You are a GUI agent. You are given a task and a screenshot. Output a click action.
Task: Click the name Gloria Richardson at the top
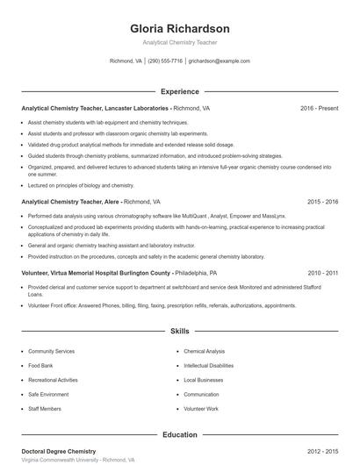click(179, 28)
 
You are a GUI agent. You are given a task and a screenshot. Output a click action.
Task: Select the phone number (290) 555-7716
click(165, 61)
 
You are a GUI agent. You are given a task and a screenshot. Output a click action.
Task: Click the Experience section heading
click(180, 91)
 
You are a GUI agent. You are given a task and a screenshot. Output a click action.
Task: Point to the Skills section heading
click(180, 332)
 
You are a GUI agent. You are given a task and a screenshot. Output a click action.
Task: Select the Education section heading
click(180, 433)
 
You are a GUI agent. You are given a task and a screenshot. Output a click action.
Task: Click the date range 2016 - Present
click(319, 108)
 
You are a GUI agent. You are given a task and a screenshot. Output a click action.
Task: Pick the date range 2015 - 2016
click(322, 201)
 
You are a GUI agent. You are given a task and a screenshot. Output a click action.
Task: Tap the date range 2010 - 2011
click(322, 273)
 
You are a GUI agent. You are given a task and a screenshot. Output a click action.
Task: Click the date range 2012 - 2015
click(322, 450)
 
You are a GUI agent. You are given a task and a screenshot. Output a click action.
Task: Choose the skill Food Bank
click(40, 365)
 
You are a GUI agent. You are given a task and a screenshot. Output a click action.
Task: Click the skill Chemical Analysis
click(205, 350)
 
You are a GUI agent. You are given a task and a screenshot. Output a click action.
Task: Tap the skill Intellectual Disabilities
click(209, 365)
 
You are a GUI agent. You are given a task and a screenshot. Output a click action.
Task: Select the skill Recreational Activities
click(53, 380)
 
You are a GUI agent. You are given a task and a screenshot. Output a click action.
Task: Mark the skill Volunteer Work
click(201, 409)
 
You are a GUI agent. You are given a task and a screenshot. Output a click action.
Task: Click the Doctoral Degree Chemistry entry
click(59, 450)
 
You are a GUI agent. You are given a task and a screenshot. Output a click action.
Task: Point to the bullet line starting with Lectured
click(81, 185)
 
